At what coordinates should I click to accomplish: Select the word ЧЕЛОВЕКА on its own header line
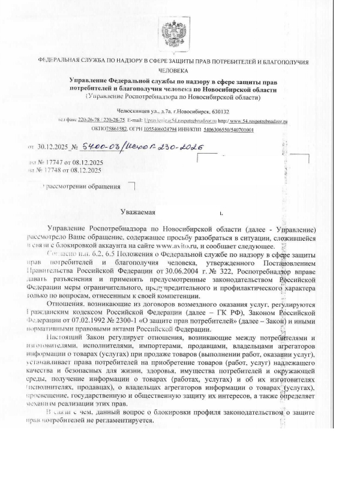pos(173,71)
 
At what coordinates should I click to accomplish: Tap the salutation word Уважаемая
pos(139,212)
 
